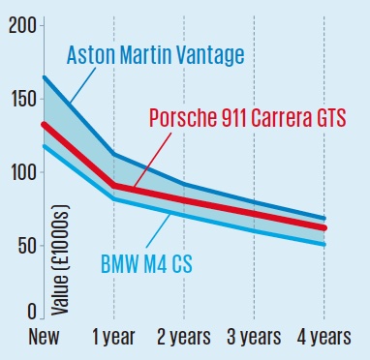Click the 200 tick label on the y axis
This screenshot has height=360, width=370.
coord(22,25)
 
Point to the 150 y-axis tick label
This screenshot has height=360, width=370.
coord(23,99)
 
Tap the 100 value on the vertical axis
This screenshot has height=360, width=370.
coord(23,172)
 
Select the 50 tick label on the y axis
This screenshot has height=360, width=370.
coord(27,246)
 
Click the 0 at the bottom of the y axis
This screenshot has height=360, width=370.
coord(32,312)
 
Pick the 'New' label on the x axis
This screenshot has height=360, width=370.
coord(44,337)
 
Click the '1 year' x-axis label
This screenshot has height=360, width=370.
coord(113,338)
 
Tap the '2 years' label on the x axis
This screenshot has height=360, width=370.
coord(184,338)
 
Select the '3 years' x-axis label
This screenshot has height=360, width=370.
coord(254,338)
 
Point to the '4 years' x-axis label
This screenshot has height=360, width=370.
coord(324,338)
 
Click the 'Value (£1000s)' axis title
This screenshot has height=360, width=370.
coord(60,260)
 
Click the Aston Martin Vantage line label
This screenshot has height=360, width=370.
coord(155,55)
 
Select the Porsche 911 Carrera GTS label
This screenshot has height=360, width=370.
coord(248,117)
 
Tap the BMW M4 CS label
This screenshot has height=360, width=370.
coord(146,264)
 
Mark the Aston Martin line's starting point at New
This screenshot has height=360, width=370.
coord(45,77)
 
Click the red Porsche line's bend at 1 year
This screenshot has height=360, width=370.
coord(113,186)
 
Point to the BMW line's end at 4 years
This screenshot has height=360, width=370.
coord(324,244)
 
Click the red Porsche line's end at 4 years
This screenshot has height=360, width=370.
coord(324,227)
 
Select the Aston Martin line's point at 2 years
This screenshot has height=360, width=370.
coord(184,184)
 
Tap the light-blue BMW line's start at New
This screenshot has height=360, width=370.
coord(45,146)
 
